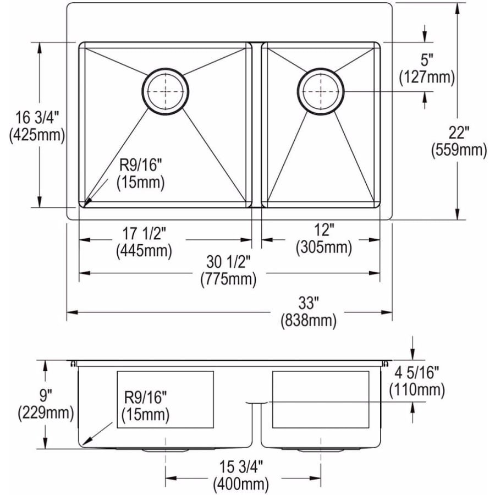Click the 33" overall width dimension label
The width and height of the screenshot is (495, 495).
pos(308,304)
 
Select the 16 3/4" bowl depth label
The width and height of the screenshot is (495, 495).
pos(37,118)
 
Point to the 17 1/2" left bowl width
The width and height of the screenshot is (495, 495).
pos(144,234)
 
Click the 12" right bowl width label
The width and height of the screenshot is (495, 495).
pos(324,230)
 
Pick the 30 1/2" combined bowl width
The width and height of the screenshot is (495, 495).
pos(228,262)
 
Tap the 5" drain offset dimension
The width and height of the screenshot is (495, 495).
pos(426,60)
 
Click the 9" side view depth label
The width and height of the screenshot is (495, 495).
pos(46,396)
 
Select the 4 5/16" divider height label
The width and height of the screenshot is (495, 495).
pos(417,373)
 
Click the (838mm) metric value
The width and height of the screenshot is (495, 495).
pos(309,321)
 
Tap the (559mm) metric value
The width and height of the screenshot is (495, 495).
pos(459,150)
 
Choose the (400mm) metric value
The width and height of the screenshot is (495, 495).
pos(241,484)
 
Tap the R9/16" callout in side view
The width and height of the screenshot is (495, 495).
pos(145,398)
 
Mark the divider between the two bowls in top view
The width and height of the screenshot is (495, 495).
pos(257,125)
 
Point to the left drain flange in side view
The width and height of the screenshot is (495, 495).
pos(166,449)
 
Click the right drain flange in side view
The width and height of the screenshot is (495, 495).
pos(321,449)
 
